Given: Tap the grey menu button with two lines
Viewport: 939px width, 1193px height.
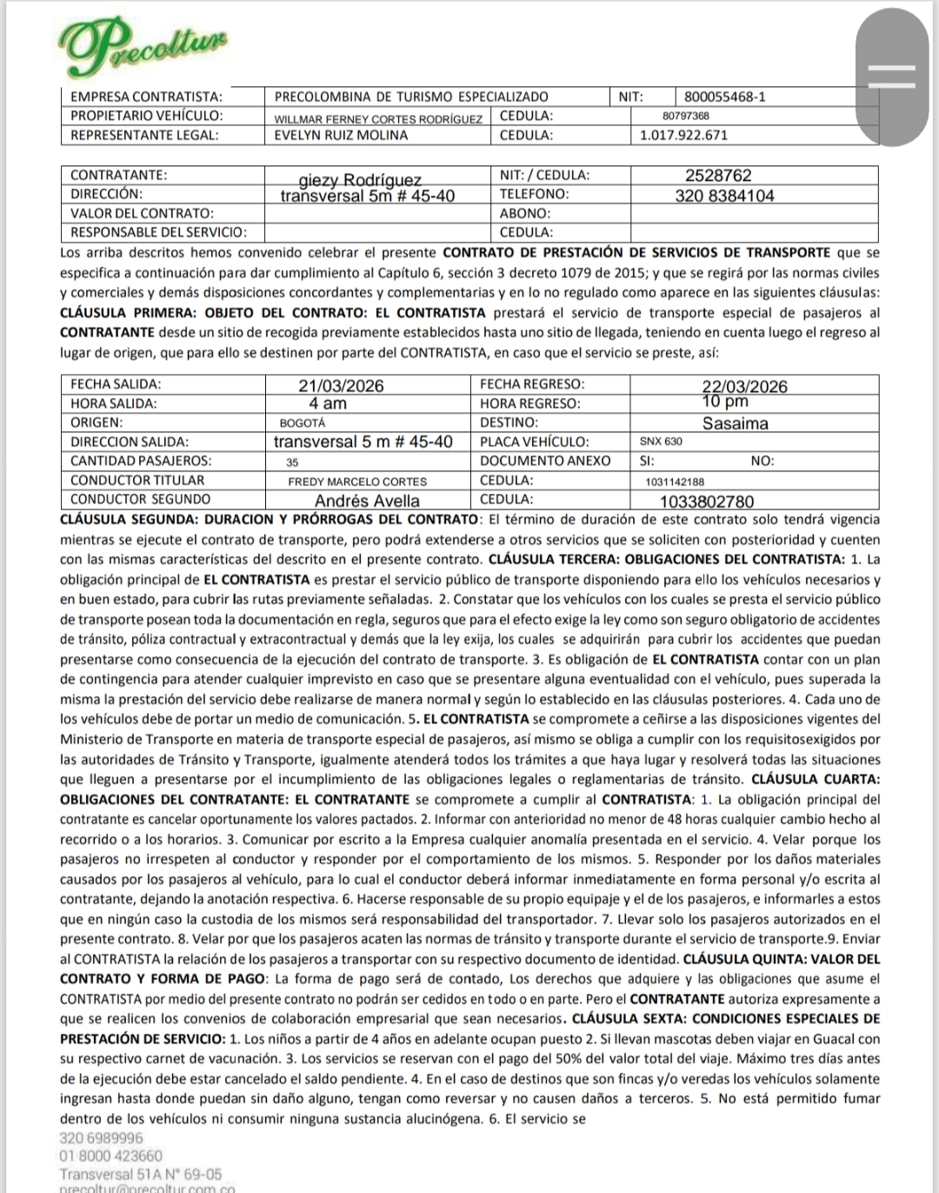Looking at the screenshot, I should coord(892,77).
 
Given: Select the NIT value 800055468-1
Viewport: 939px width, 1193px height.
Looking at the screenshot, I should coord(724,97).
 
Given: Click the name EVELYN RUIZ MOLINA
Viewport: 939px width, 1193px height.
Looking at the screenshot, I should coord(341,135).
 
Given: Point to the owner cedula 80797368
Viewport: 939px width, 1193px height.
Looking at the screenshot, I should coord(685,116).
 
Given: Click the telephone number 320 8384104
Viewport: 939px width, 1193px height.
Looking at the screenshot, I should coord(724,196).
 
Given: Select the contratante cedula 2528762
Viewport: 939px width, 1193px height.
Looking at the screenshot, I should coord(718,176).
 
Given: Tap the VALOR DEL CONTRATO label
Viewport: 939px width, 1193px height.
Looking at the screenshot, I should coord(142,213).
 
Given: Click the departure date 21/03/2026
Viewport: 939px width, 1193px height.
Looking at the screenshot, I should coord(341,386).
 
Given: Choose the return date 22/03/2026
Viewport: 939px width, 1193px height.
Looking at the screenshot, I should coord(744,387).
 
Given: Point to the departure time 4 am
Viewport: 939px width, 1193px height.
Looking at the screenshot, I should coord(327,403).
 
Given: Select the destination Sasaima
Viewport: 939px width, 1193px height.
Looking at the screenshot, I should coord(735,423).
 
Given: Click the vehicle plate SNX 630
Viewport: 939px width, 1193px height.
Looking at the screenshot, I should coord(661,441).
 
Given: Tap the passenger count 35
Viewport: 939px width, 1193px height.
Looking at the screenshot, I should coord(292,462).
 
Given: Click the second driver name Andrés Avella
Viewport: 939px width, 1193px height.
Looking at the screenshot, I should coord(366,501).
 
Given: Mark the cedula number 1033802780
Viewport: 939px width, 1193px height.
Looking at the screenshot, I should coord(707,502).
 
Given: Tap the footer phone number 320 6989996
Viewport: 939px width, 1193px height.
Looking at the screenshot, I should coord(101,1137).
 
